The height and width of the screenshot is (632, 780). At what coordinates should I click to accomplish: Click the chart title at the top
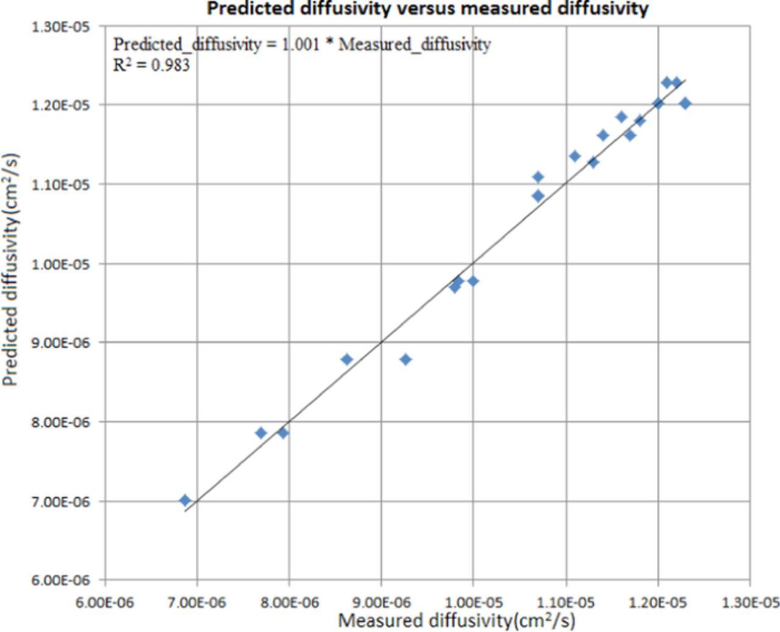coord(427,9)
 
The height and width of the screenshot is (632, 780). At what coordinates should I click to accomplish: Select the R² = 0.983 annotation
coord(152,65)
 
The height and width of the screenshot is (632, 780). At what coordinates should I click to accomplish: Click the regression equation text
coord(302,44)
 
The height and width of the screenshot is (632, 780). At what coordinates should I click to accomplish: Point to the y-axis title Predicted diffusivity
coord(10,269)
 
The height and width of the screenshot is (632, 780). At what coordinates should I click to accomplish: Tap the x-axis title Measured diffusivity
coord(456,620)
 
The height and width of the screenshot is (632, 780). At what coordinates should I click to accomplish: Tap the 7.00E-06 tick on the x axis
coord(197,602)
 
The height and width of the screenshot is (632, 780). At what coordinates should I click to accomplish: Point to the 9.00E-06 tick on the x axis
coord(381,602)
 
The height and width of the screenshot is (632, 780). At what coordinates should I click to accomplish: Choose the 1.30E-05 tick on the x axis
coord(749,602)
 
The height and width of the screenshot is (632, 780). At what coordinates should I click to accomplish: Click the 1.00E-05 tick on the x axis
coord(473,602)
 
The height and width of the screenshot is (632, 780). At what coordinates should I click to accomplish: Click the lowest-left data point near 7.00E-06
coord(185,500)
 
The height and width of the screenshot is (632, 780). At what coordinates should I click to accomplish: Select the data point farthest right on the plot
coord(685,104)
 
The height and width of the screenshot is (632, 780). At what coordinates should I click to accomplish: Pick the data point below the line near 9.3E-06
coord(405,360)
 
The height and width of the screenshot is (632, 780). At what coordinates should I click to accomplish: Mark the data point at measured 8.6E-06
coord(347,360)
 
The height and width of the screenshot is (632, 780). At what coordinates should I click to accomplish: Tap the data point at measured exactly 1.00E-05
coord(473,281)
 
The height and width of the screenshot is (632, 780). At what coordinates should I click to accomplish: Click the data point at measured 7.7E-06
coord(261,433)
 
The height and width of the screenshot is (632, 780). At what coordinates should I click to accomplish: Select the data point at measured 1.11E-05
coord(575,157)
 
